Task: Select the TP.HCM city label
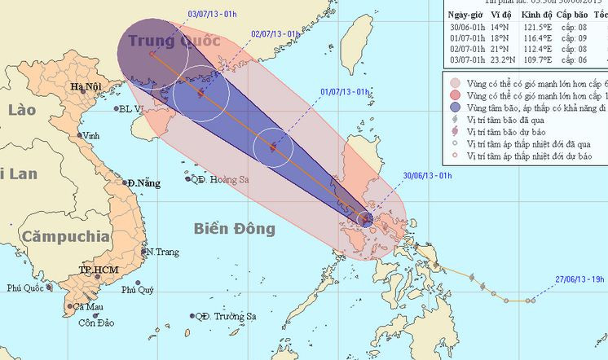coord(96,269)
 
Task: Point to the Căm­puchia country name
coord(66,237)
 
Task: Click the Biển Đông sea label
coord(235,228)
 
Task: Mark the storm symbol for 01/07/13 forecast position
coord(271,148)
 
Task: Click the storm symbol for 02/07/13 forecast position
coord(200,94)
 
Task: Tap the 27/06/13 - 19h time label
coord(577,279)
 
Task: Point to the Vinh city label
coord(91,134)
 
